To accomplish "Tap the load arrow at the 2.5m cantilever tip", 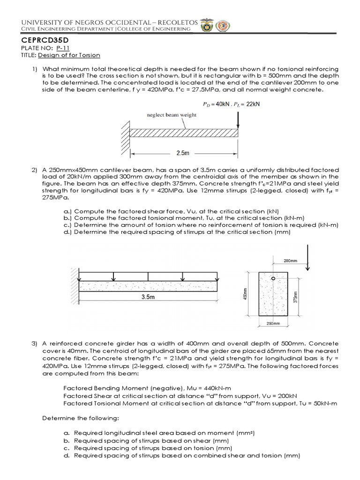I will tap(239, 120).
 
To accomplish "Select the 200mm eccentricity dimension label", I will tap(291, 261).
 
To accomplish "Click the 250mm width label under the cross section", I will tap(273, 323).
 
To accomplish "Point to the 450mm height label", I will tap(251, 294).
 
